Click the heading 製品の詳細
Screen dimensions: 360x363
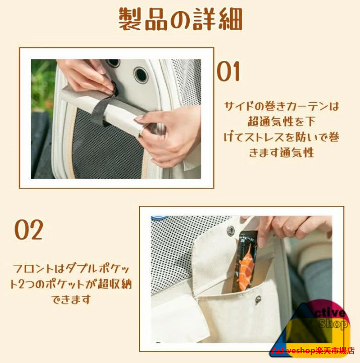tap(180, 19)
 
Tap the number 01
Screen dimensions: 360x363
tap(228, 71)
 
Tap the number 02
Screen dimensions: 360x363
tap(29, 230)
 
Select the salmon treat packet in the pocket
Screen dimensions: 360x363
tap(246, 261)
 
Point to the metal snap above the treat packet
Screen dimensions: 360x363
tap(231, 230)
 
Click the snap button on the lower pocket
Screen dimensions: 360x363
tap(258, 300)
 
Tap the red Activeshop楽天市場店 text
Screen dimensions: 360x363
tap(313, 350)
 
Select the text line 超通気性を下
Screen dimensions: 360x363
tap(281, 121)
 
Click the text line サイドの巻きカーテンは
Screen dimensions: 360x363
tap(281, 106)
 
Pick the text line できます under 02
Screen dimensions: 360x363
tap(71, 300)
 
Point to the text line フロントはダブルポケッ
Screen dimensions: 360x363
tap(71, 269)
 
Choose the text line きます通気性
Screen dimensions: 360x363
tap(281, 153)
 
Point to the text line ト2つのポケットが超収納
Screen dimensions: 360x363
tap(71, 284)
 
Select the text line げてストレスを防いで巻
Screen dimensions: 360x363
tap(281, 137)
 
